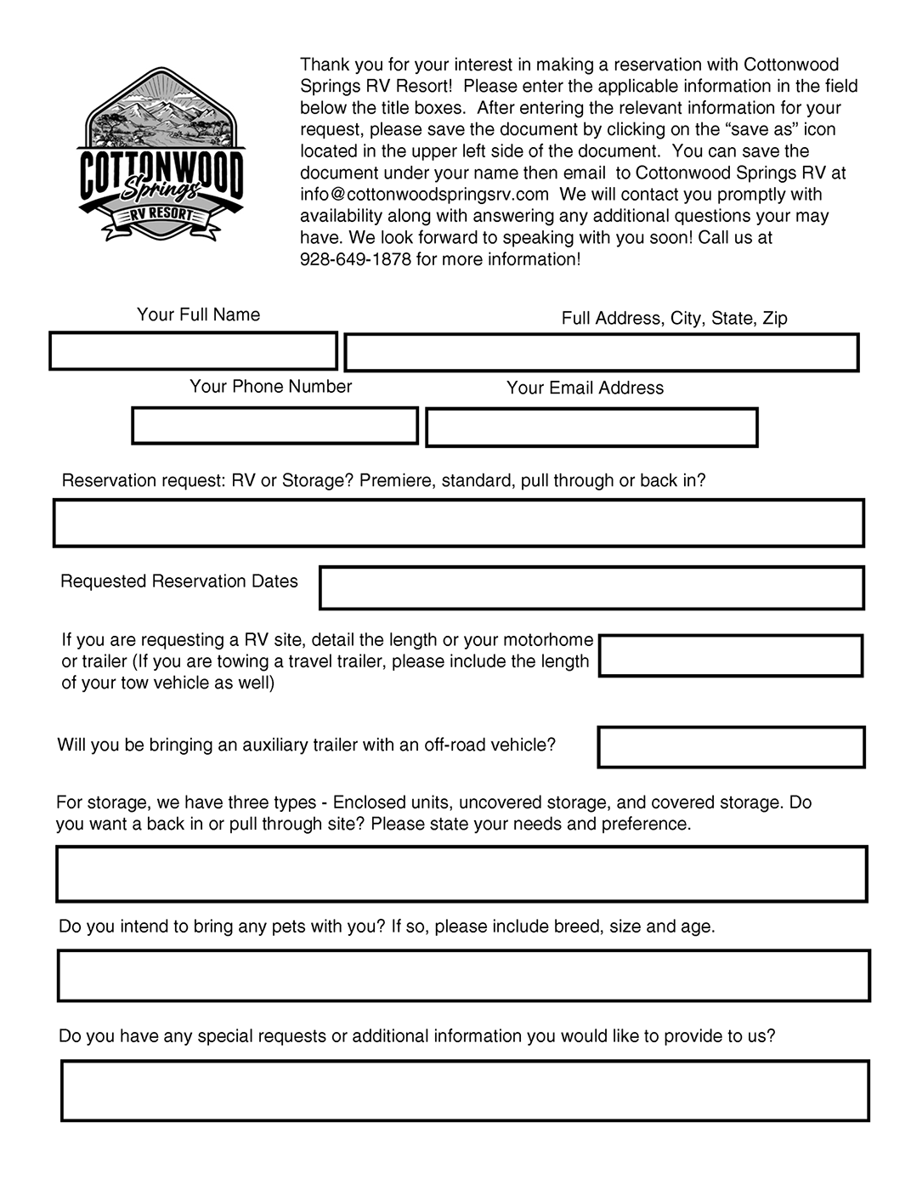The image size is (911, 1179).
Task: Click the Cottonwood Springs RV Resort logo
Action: [161, 155]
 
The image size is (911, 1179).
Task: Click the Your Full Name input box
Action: [193, 351]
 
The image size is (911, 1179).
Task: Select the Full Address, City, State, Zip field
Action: [601, 353]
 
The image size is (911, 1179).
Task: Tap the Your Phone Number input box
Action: [274, 425]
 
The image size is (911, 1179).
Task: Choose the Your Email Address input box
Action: [591, 428]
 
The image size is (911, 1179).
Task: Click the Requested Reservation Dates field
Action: [591, 588]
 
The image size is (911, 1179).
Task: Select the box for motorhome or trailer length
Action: [731, 655]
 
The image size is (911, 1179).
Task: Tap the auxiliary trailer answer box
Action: [731, 747]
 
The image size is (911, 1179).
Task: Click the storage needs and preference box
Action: [461, 874]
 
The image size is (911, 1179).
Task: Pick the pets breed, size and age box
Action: [463, 976]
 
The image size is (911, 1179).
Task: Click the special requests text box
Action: [465, 1091]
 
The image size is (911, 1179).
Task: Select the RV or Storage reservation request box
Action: [458, 523]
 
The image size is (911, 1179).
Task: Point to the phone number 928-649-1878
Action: [355, 259]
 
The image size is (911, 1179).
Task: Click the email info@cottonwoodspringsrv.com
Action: [424, 195]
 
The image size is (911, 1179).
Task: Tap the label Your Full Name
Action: [198, 315]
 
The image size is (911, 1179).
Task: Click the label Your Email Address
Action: [585, 388]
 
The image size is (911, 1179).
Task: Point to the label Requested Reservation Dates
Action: [179, 581]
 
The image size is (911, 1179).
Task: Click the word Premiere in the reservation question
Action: [395, 480]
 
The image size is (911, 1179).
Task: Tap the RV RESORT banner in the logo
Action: [161, 215]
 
